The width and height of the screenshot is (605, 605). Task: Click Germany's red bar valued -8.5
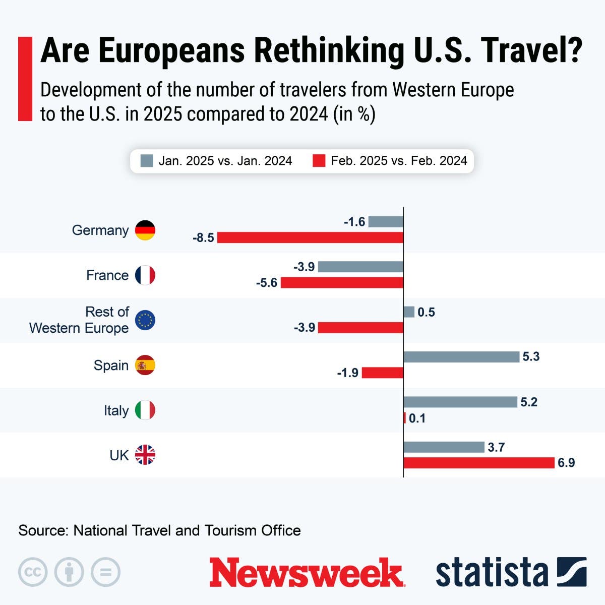coord(310,237)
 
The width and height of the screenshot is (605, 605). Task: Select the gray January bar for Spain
coord(461,357)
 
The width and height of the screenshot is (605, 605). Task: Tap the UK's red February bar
coord(479,463)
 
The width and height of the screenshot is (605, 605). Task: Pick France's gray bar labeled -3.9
coord(360,267)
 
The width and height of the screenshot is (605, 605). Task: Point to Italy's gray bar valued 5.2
coord(460,402)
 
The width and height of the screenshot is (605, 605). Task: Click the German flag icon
coord(145,230)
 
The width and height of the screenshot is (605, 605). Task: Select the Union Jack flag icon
coord(145,455)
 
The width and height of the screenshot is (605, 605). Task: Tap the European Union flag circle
coord(145,320)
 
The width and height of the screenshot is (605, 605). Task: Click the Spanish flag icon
coord(145,365)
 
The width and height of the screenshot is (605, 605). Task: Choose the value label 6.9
coord(566,463)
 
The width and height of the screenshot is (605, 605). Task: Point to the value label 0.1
coord(417,418)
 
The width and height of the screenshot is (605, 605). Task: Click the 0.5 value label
coord(426,312)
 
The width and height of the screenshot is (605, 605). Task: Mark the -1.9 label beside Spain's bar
coord(348,373)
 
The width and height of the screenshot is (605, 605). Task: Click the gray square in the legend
coord(147,161)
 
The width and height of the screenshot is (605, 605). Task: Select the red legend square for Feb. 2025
coord(319,161)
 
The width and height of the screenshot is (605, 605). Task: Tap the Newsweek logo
coord(307,572)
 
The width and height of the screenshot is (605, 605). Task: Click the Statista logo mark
coord(571,572)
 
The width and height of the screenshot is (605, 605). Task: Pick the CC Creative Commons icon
coord(33,572)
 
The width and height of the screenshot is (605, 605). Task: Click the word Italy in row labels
coord(116,410)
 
